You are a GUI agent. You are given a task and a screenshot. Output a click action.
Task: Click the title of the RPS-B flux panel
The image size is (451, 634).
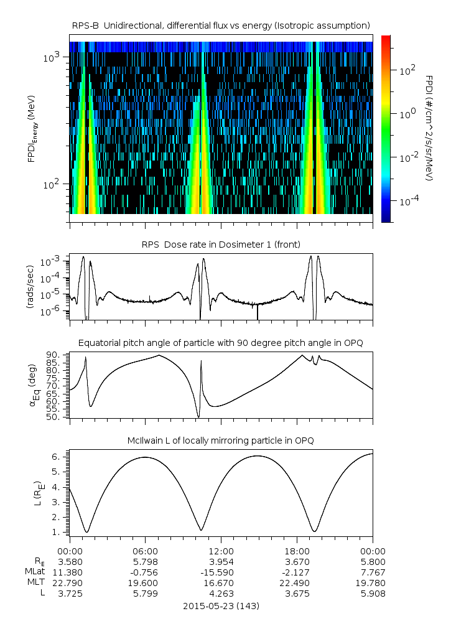pos(221,25)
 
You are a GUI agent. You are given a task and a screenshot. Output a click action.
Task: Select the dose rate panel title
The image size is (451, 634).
pos(221,243)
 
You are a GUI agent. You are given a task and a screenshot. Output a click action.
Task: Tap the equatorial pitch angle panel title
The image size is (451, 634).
pos(221,343)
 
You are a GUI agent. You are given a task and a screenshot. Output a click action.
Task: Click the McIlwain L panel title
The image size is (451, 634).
pos(221,441)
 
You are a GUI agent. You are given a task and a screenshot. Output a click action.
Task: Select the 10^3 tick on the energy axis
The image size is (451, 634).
pos(51,58)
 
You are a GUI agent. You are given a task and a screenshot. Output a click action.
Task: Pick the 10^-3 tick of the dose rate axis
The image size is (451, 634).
pos(50,262)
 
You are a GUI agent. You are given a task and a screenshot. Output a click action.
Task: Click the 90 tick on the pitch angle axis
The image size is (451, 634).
pos(53,355)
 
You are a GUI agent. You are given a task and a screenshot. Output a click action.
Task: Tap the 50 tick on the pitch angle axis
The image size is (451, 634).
pos(53,417)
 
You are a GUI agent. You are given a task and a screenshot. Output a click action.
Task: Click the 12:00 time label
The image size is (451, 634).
pos(221,551)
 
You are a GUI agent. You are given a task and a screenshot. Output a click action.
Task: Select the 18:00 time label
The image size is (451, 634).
pos(297,551)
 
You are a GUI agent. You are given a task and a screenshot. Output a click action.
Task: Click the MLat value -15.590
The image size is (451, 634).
pos(221,572)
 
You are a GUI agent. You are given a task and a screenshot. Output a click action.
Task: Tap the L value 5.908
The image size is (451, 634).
pos(372,594)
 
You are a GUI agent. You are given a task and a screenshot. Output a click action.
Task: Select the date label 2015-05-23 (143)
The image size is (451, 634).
pos(221,605)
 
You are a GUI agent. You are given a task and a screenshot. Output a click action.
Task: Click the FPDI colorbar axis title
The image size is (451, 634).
pos(430,128)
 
